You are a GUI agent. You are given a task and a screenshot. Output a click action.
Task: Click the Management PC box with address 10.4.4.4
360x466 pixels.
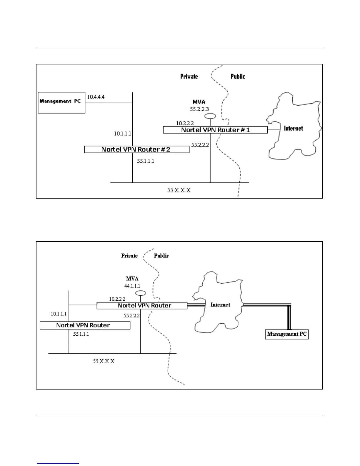pyautogui.click(x=61, y=102)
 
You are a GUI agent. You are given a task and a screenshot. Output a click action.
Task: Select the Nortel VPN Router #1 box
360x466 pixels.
pyautogui.click(x=215, y=130)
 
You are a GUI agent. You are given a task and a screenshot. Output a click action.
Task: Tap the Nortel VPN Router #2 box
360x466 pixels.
pyautogui.click(x=136, y=149)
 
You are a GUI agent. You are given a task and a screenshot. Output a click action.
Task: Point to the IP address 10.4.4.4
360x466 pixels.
pyautogui.click(x=96, y=97)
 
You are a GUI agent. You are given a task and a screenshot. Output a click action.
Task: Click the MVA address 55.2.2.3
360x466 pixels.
pyautogui.click(x=199, y=109)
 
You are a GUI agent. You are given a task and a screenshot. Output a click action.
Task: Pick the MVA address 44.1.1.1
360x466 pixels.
pyautogui.click(x=132, y=286)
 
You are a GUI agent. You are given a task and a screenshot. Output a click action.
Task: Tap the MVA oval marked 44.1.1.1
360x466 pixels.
pyautogui.click(x=141, y=293)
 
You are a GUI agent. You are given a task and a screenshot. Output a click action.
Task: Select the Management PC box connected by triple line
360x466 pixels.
pyautogui.click(x=287, y=334)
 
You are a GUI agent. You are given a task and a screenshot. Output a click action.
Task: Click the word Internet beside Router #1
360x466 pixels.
pyautogui.click(x=293, y=128)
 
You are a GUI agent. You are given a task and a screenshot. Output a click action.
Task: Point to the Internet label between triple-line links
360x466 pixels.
pyautogui.click(x=220, y=305)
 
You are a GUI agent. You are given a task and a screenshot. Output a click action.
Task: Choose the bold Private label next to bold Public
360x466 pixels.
pyautogui.click(x=189, y=76)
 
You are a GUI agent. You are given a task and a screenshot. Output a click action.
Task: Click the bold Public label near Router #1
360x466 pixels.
pyautogui.click(x=238, y=76)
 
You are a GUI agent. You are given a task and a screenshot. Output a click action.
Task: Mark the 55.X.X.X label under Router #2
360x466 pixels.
pyautogui.click(x=179, y=190)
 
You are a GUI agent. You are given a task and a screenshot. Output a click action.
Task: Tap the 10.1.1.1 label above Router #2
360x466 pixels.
pyautogui.click(x=123, y=134)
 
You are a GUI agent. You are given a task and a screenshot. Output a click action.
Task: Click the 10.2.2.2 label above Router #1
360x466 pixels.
pyautogui.click(x=185, y=123)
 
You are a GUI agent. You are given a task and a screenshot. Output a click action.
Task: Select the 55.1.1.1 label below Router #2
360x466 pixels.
pyautogui.click(x=146, y=161)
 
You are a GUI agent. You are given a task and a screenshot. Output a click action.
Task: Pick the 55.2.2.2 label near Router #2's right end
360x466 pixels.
pyautogui.click(x=200, y=145)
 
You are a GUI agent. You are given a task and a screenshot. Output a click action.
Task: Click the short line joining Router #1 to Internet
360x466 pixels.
pyautogui.click(x=273, y=130)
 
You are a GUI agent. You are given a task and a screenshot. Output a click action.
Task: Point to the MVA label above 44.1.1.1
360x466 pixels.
pyautogui.click(x=132, y=279)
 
